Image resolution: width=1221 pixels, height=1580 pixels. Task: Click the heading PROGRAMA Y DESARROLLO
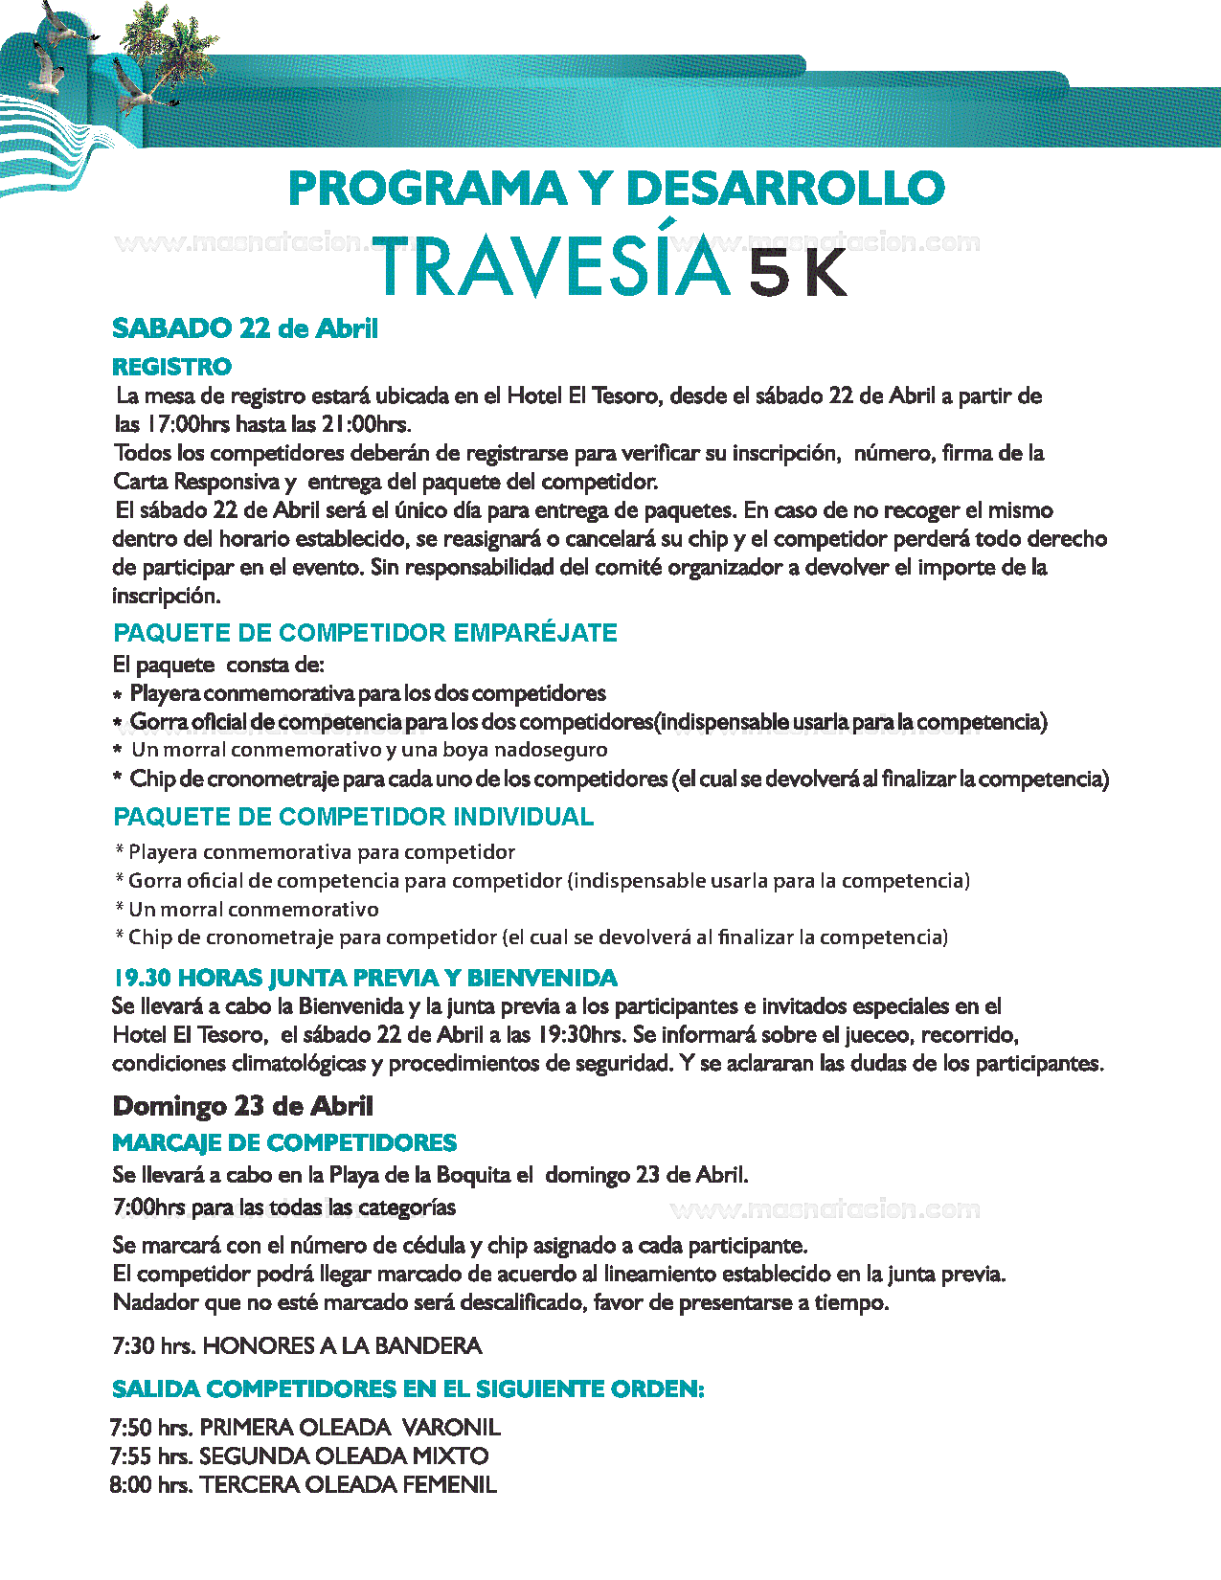[x=616, y=188]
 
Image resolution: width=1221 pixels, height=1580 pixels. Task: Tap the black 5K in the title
[x=798, y=274]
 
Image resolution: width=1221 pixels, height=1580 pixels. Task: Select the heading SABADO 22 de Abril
[x=245, y=328]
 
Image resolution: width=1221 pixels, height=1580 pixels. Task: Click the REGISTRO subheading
[x=171, y=367]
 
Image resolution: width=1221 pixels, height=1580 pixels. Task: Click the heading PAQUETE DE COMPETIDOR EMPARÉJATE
[x=365, y=633]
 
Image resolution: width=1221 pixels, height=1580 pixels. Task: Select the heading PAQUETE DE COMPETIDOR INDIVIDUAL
[x=353, y=817]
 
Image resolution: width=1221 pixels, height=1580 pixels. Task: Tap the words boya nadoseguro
[x=550, y=750]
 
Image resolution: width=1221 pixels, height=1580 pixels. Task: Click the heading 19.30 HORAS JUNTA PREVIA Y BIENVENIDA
[x=365, y=978]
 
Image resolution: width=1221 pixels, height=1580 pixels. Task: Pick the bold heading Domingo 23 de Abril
[x=242, y=1106]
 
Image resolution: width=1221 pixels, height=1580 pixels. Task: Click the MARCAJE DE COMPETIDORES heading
[x=284, y=1142]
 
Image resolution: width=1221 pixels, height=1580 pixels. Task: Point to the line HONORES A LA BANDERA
[x=342, y=1345]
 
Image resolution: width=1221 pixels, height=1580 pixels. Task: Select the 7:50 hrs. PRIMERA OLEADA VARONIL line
[x=305, y=1427]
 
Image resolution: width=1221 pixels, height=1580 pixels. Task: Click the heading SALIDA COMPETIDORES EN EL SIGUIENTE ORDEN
[x=408, y=1388]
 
